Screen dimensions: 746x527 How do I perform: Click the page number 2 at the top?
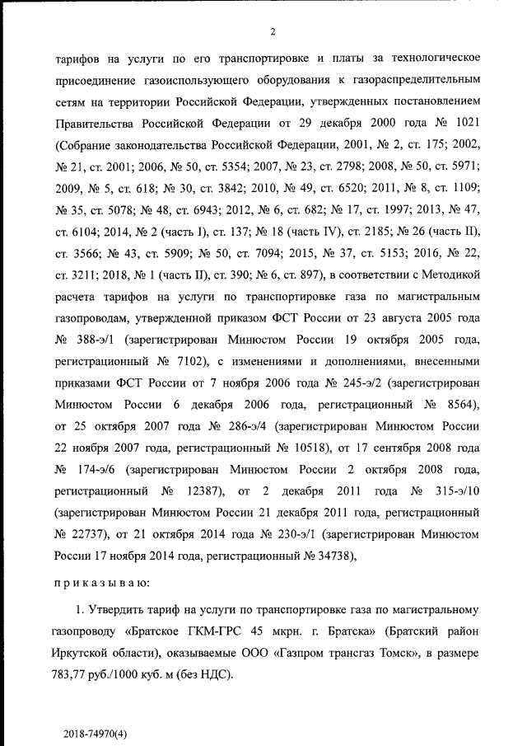coord(272,32)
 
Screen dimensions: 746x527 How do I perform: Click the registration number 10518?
coord(301,448)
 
